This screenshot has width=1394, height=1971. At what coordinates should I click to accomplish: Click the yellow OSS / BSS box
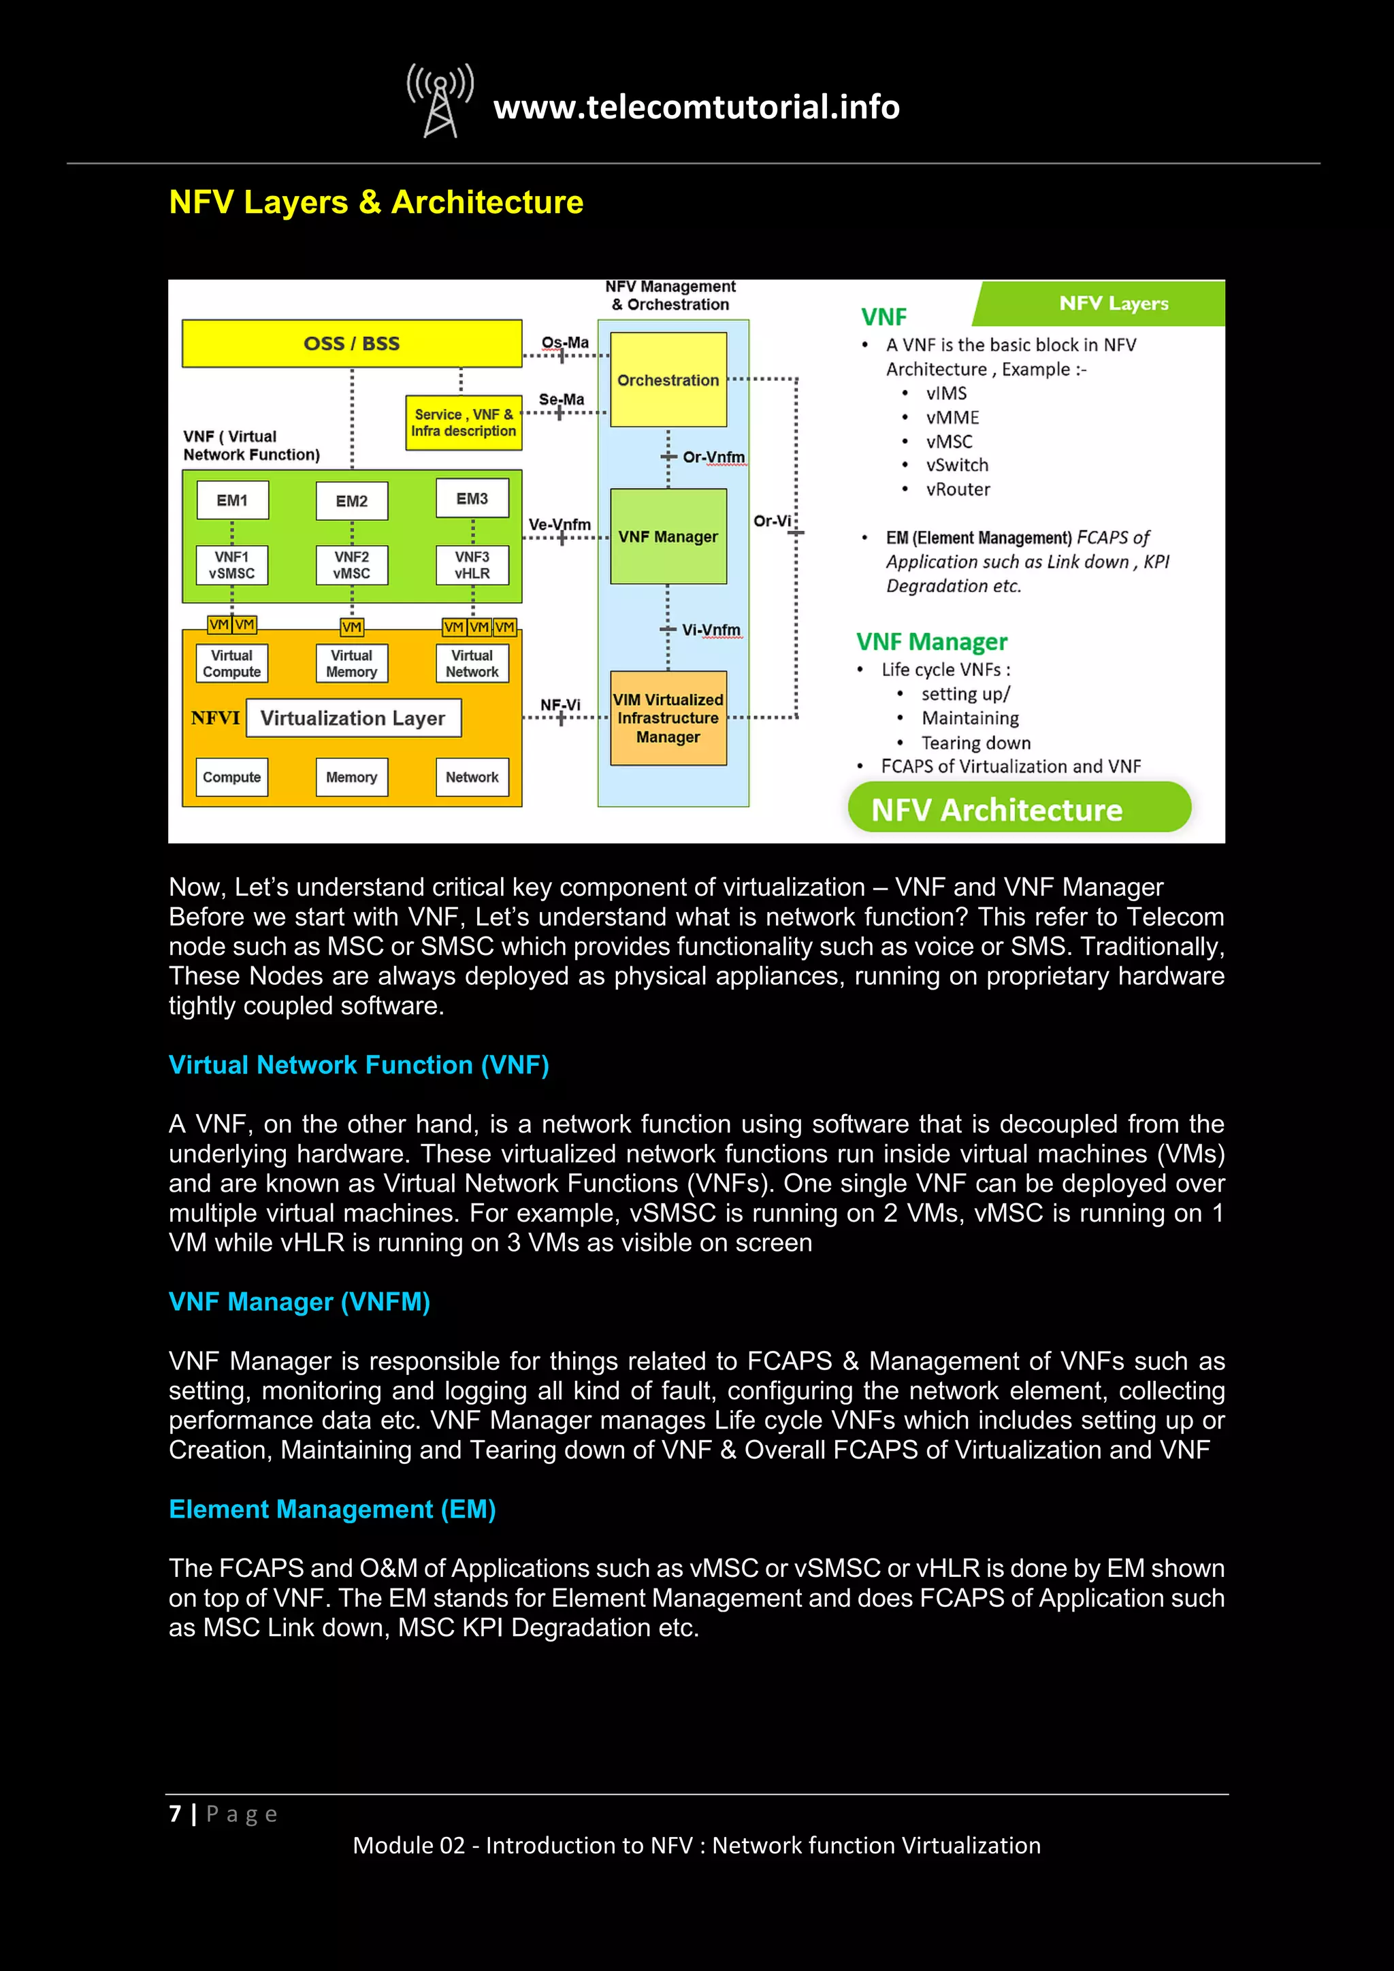[352, 344]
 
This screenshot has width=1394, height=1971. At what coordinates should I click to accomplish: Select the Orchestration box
[668, 380]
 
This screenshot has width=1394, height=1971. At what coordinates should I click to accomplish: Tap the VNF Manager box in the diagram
[668, 536]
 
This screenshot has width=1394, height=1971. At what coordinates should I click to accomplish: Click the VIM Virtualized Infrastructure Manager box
[668, 717]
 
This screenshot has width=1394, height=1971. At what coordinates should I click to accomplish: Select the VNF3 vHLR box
[472, 565]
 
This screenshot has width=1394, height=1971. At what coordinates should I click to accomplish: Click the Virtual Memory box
[352, 664]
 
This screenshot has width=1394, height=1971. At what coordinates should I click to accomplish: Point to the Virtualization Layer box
[353, 717]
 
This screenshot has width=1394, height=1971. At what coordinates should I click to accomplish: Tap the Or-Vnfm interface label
[713, 457]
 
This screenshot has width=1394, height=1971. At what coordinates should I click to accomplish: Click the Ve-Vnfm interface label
[560, 523]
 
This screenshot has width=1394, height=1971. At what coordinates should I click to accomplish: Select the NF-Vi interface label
[560, 705]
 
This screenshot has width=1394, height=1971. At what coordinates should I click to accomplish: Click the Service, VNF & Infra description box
[464, 423]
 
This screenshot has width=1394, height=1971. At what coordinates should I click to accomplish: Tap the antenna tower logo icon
[440, 101]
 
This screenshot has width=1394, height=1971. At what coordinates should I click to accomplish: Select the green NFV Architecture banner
[1019, 809]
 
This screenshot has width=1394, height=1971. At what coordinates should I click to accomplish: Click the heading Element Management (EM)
[332, 1508]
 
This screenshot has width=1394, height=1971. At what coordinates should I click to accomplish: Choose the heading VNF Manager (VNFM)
[299, 1301]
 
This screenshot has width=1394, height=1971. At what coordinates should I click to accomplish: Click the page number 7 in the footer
[175, 1813]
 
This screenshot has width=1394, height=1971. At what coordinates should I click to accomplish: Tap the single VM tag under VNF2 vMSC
[352, 627]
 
